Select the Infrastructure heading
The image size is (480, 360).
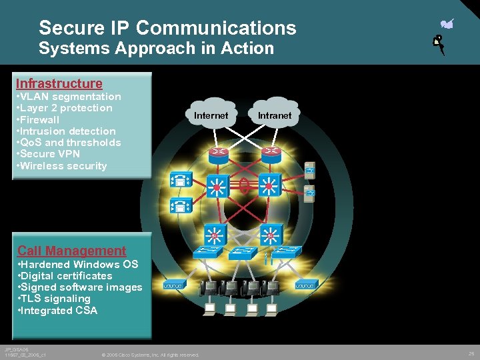pyautogui.click(x=59, y=83)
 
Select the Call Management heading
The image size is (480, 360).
pyautogui.click(x=71, y=251)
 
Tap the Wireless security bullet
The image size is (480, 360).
pyautogui.click(x=62, y=166)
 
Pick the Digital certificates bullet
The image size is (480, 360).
pyautogui.click(x=65, y=276)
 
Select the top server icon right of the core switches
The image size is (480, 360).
pyautogui.click(x=310, y=169)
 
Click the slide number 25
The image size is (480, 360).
pyautogui.click(x=471, y=353)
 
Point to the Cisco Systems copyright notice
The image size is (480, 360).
pyautogui.click(x=150, y=355)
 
